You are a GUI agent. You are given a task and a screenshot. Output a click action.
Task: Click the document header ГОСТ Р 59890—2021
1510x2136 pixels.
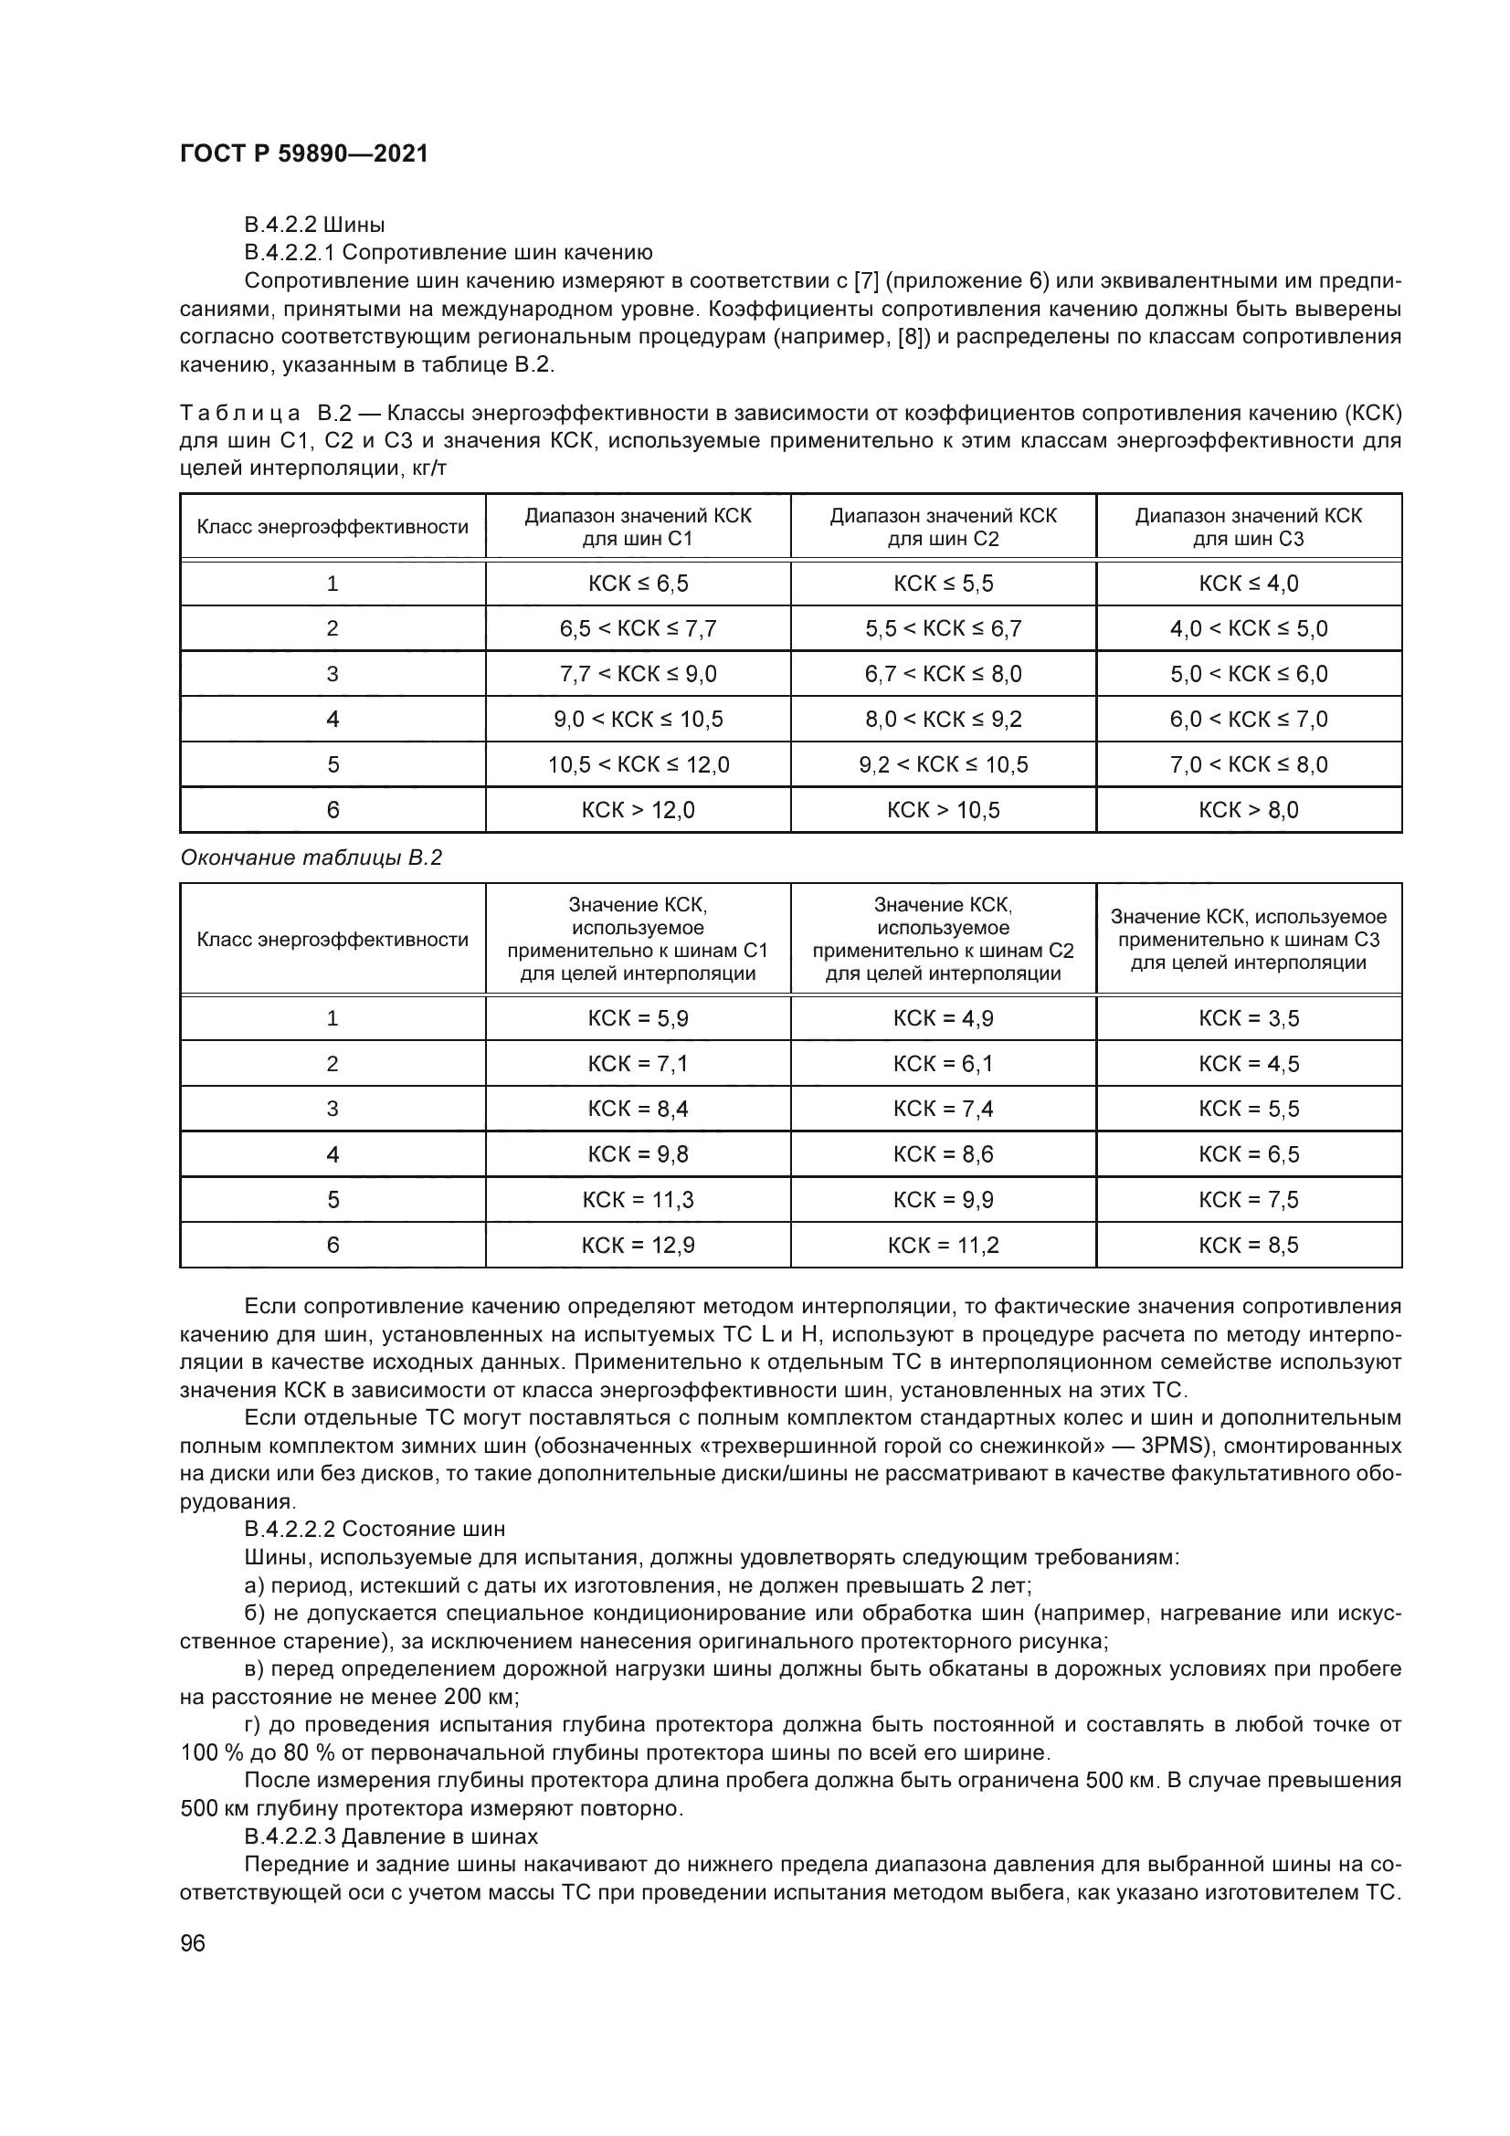pos(304,153)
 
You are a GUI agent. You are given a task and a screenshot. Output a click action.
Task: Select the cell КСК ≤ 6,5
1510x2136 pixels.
pos(639,584)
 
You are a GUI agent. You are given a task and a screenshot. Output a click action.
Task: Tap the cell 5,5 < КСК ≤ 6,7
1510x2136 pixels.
pos(944,629)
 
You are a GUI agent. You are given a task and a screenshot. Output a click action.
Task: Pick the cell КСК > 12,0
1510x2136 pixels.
pos(639,810)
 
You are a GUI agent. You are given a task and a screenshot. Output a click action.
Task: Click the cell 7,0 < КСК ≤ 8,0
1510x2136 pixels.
pos(1249,764)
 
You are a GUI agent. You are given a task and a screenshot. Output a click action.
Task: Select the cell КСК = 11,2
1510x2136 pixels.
pos(944,1246)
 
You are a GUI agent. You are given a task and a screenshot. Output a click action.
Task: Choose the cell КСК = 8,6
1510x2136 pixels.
pos(944,1154)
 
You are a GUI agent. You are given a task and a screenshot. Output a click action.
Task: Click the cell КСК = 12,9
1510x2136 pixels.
pos(639,1246)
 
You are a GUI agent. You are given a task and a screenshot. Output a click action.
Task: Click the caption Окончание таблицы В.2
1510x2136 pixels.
pos(311,858)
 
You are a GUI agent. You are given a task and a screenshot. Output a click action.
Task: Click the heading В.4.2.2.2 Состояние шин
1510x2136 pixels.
pos(375,1529)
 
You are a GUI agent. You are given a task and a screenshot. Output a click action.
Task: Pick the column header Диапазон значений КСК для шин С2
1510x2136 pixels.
pos(944,527)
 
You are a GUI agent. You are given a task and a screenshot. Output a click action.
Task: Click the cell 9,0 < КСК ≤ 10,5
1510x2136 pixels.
pos(639,719)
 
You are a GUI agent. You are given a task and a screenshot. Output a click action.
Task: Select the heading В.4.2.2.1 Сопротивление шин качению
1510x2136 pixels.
pos(449,253)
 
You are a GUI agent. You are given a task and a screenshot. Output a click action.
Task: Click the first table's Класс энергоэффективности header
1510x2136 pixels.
pos(333,528)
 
